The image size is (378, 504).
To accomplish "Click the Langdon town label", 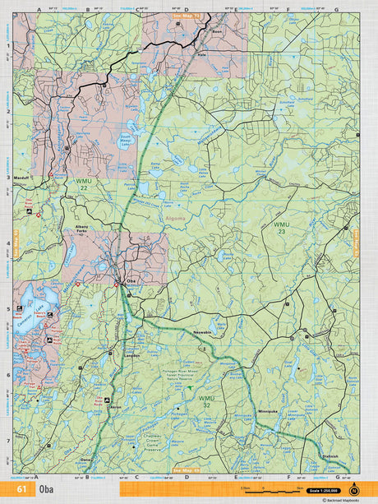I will tap(132, 355).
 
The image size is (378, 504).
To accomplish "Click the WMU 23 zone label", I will tap(282, 228).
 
